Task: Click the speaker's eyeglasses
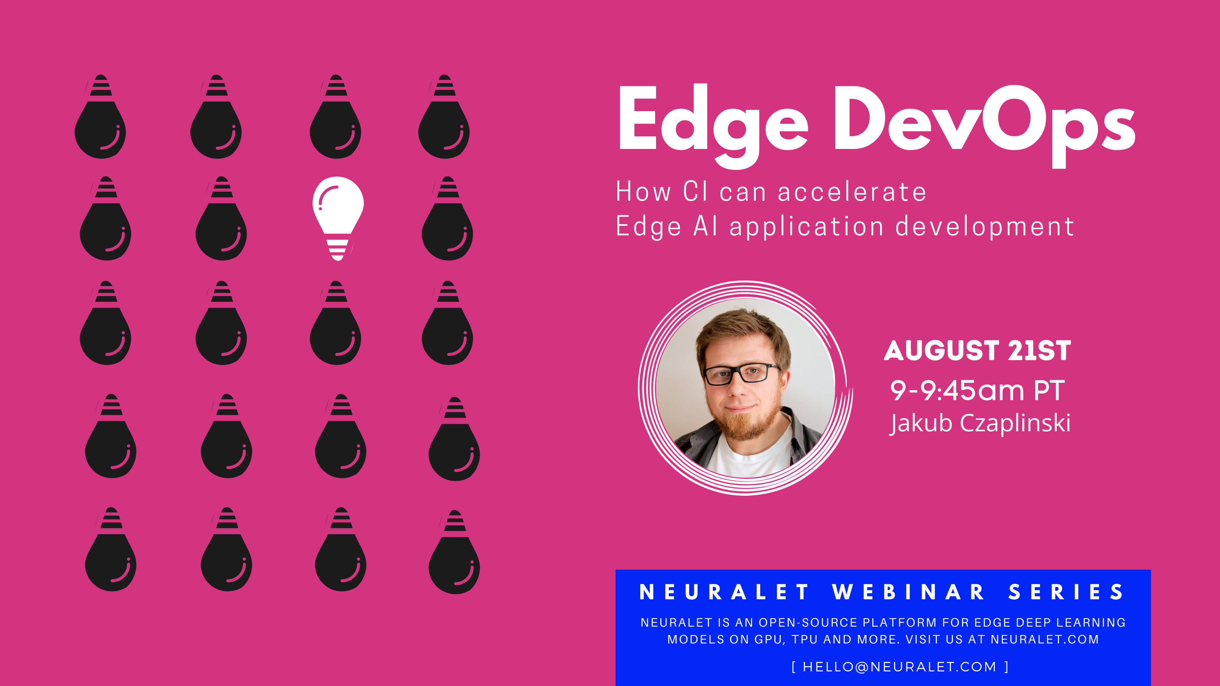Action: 741,373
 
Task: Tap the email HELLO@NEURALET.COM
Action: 900,667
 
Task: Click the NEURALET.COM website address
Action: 1045,640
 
